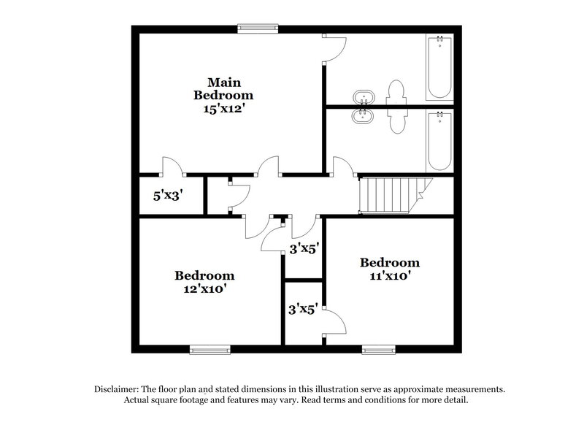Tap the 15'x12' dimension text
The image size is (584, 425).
pyautogui.click(x=223, y=109)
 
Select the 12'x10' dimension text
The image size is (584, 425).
pyautogui.click(x=204, y=289)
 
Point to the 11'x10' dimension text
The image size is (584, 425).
pyautogui.click(x=390, y=277)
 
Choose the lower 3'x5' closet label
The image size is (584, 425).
pyautogui.click(x=303, y=309)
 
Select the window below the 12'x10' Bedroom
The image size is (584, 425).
pyautogui.click(x=205, y=349)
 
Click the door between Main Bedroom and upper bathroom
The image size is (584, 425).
pyautogui.click(x=334, y=49)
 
